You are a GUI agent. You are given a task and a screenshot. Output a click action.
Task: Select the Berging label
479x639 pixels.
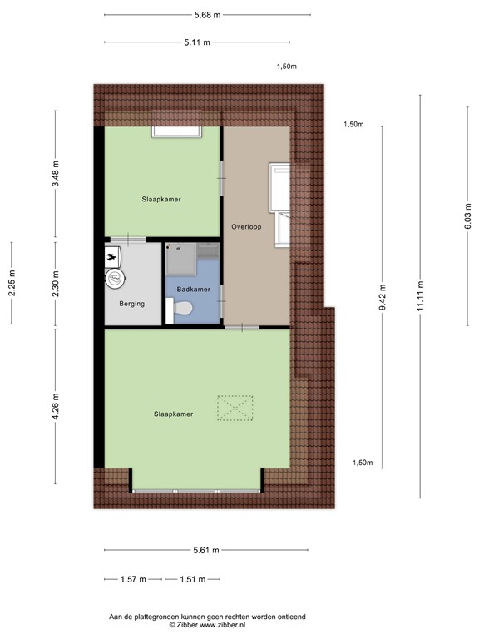coord(131,304)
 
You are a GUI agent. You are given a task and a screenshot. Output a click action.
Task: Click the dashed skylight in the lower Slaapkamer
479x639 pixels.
coord(234,408)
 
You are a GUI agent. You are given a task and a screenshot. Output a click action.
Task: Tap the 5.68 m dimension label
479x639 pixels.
coord(207,15)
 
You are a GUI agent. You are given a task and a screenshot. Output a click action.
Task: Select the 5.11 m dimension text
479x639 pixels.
coord(197,42)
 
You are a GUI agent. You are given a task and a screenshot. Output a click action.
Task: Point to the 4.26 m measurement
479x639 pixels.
coord(56,407)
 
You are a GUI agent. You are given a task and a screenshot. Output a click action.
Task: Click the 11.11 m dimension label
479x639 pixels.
coord(421,297)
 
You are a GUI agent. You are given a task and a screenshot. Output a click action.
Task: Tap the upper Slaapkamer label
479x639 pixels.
coord(161,199)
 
